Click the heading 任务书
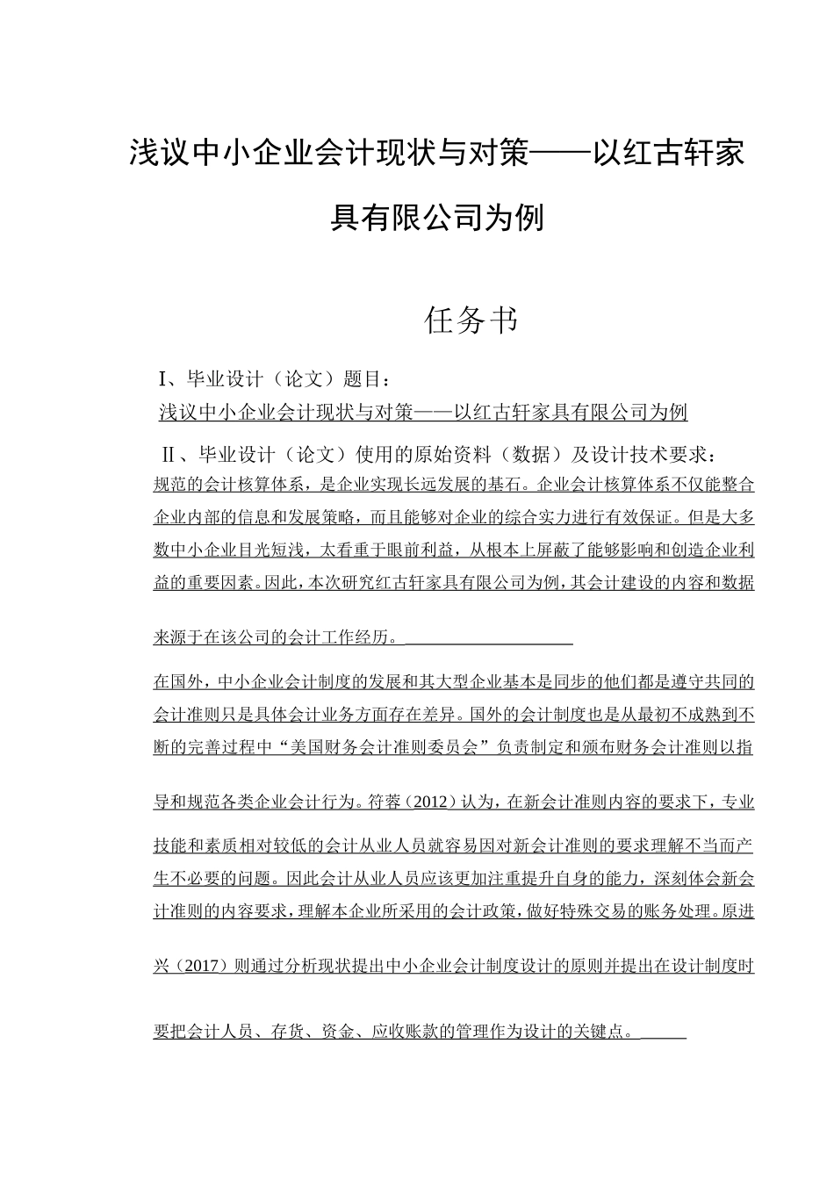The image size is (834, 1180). pos(471,321)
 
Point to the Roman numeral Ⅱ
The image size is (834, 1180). pos(171,455)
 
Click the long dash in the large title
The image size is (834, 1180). pos(561,154)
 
